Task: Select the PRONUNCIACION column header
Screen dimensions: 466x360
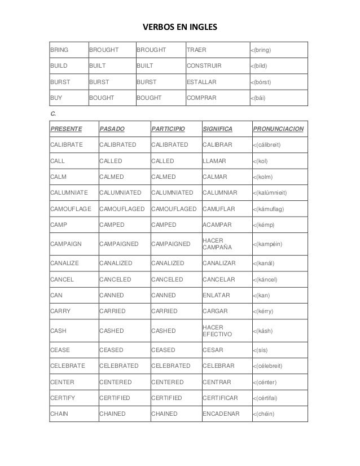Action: [x=279, y=129]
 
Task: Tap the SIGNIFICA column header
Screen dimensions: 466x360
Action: [x=217, y=129]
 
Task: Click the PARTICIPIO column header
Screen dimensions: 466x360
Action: [x=167, y=129]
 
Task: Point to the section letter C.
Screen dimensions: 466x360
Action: [x=52, y=113]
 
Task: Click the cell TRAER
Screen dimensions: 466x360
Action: [x=196, y=50]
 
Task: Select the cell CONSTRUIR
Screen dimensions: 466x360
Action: [x=204, y=66]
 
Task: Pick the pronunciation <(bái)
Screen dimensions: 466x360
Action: [x=261, y=98]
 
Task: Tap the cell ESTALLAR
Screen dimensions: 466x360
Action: [x=201, y=82]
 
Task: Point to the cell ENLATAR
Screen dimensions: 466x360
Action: [x=215, y=295]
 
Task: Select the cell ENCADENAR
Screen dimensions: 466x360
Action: [x=221, y=414]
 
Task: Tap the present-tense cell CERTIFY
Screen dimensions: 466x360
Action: [x=63, y=398]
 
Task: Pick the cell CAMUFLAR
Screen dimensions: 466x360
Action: [x=217, y=208]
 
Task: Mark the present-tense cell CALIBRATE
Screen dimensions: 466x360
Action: [x=66, y=145]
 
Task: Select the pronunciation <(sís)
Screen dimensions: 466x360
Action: [x=260, y=350]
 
